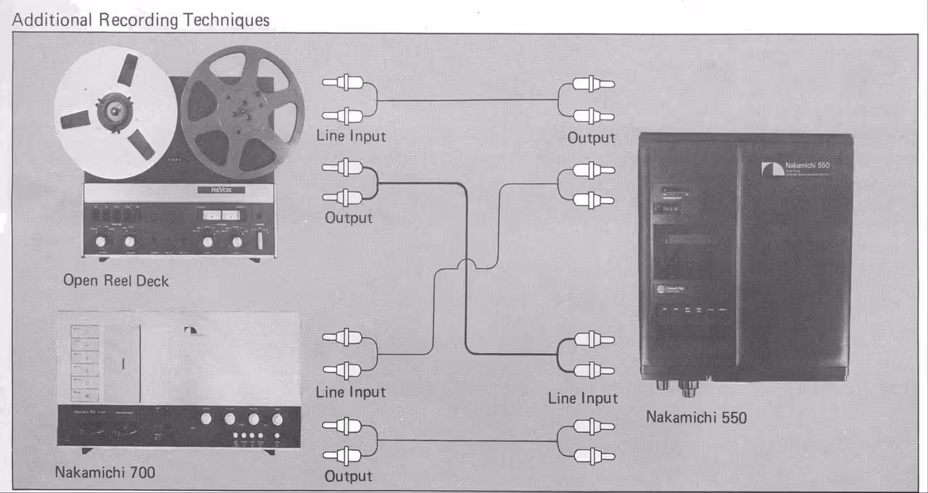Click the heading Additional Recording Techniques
coord(141,20)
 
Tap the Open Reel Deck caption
coord(116,281)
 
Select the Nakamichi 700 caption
coord(105,473)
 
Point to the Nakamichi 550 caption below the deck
coord(696,417)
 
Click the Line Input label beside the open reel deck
coord(351,136)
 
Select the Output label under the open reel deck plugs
coord(348,217)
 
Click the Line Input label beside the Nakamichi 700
coord(351,392)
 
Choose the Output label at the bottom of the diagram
coord(348,476)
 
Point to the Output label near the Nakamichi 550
coord(591,138)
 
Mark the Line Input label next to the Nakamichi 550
coord(583,398)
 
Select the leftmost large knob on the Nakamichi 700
coord(207,419)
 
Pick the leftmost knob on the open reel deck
coord(100,241)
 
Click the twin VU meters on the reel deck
coord(221,215)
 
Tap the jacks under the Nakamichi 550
coord(677,385)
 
